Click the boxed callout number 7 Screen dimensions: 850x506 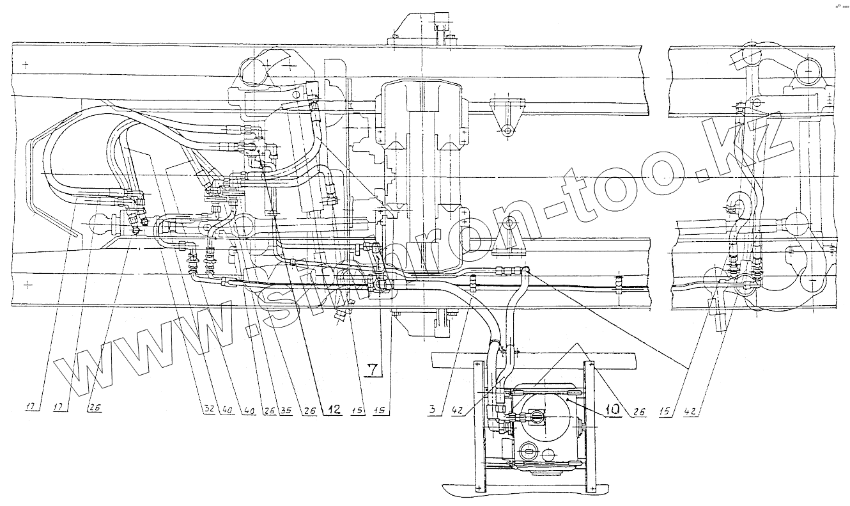(373, 369)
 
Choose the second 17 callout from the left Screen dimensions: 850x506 (63, 406)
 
